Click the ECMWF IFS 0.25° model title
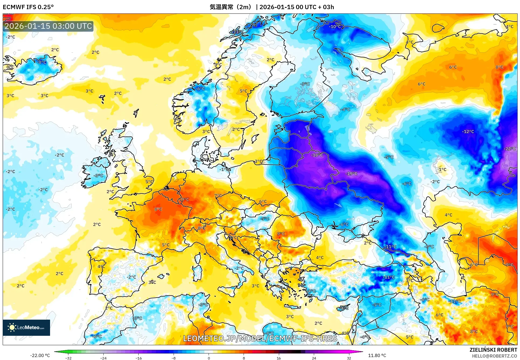pos(28,7)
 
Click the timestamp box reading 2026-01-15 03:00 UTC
pos(48,26)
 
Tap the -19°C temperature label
pos(352,174)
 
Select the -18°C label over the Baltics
pos(317,155)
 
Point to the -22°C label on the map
pos(510,149)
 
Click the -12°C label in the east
pos(468,132)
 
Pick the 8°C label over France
pos(158,209)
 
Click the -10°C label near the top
pos(335,27)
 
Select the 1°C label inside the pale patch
pos(442,170)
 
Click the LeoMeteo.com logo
pos(26,327)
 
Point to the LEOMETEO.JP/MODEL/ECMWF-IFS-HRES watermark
pos(260,338)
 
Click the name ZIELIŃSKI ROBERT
pos(493,350)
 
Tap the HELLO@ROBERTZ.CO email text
pos(494,356)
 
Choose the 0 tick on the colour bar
pos(209,358)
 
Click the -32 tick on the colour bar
pos(68,358)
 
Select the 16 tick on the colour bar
pos(279,358)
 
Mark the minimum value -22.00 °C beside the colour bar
pos(40,355)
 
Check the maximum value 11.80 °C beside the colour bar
pos(377,355)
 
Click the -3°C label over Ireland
pos(98,176)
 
